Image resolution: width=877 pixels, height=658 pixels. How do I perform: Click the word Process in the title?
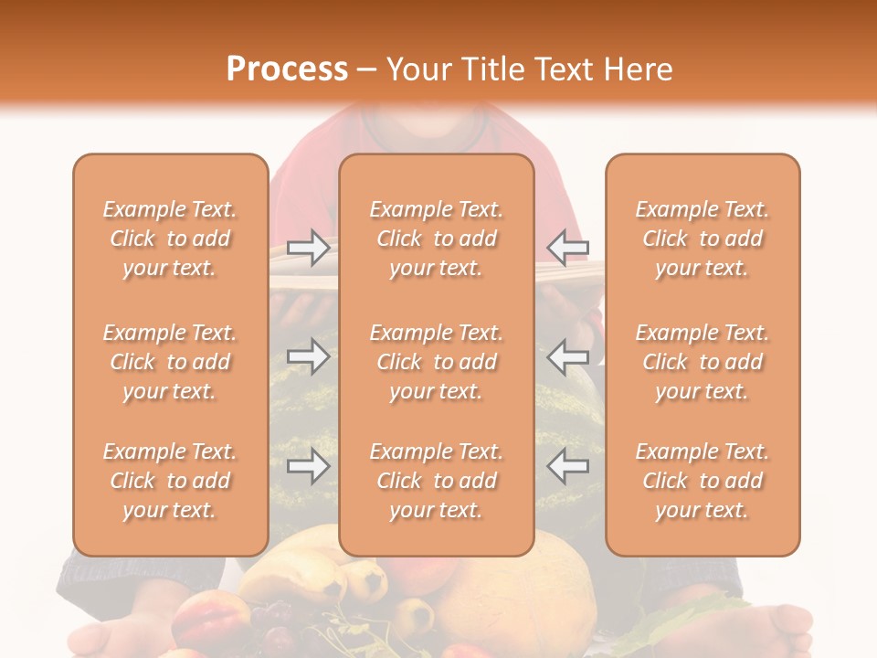tap(287, 69)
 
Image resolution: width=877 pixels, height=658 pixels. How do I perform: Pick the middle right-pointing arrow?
tap(308, 356)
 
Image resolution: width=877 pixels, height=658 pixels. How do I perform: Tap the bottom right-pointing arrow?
tap(308, 467)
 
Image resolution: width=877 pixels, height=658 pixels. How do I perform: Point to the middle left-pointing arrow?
tap(568, 356)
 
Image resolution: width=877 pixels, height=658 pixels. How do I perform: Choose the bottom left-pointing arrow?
tap(568, 467)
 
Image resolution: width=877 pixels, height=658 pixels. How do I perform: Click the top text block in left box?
tap(170, 239)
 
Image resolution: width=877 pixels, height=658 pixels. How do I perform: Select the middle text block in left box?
tap(170, 362)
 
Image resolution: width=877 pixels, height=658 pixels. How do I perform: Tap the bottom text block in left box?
tap(170, 481)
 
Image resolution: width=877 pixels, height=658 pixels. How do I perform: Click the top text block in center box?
tap(436, 239)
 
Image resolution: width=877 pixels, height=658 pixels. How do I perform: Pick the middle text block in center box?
tap(436, 362)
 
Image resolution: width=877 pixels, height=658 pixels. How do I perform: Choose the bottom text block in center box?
tap(436, 481)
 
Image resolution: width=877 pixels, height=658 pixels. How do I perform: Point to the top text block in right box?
tap(702, 239)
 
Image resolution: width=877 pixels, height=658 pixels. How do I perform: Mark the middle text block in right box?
tap(702, 362)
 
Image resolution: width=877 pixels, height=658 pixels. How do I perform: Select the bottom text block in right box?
tap(702, 481)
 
